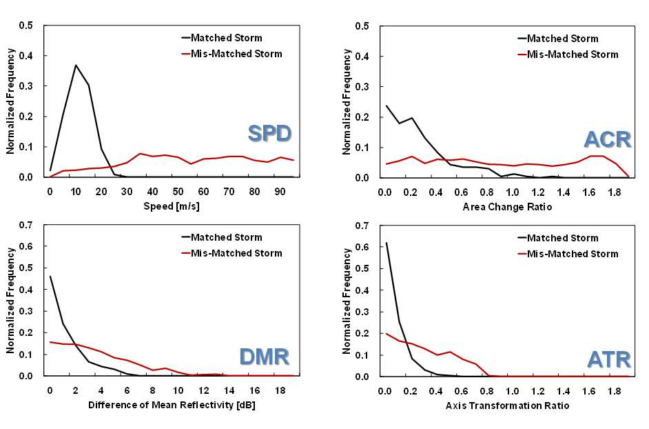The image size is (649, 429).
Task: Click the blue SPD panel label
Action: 269,134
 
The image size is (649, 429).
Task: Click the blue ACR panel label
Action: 608,139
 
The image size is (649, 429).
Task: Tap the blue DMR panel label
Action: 265,357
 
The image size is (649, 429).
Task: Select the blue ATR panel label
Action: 609,359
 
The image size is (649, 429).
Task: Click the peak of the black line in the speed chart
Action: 76,65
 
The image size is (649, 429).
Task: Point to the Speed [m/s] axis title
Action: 172,206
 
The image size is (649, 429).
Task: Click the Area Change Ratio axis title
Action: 507,206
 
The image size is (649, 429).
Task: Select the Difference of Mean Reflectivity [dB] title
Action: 172,405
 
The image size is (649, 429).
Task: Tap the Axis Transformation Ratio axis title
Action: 507,406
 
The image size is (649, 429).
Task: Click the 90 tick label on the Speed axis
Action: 280,192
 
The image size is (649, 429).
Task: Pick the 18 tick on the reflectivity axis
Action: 280,390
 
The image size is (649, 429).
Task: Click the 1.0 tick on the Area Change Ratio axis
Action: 513,192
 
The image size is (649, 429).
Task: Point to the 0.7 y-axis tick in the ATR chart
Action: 362,226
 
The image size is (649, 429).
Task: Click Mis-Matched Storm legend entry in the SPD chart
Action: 231,54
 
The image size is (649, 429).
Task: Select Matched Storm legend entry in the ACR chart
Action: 558,39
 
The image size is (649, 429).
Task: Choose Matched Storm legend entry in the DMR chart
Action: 222,237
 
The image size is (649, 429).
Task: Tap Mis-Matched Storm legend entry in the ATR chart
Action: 568,254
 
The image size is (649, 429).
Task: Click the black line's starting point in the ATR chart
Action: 387,243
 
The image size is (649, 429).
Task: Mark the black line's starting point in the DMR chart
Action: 50,277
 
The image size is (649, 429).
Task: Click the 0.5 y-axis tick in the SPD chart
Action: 25,26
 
